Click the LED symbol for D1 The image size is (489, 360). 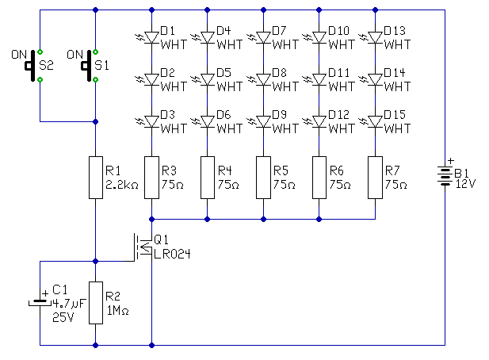(151, 37)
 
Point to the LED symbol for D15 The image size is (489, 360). (374, 121)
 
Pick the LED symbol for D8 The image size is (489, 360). (262, 79)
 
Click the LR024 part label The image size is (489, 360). (172, 253)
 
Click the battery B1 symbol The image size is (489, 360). (444, 177)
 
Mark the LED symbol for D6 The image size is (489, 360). (207, 121)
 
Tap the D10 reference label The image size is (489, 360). (338, 31)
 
